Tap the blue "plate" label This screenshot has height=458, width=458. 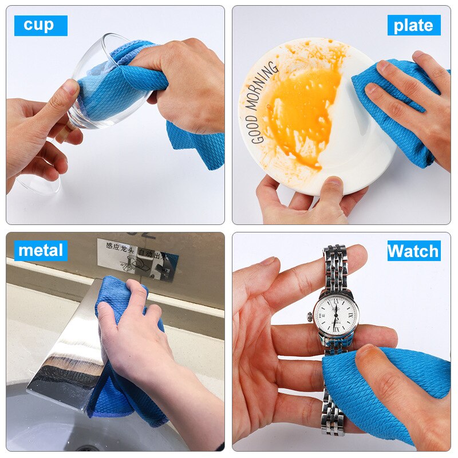[x=413, y=25]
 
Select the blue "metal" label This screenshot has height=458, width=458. [x=41, y=250]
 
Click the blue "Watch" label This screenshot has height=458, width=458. [x=413, y=251]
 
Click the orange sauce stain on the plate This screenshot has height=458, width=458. [x=303, y=109]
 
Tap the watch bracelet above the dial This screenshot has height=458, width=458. [x=334, y=269]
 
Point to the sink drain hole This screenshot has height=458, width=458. [x=86, y=449]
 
